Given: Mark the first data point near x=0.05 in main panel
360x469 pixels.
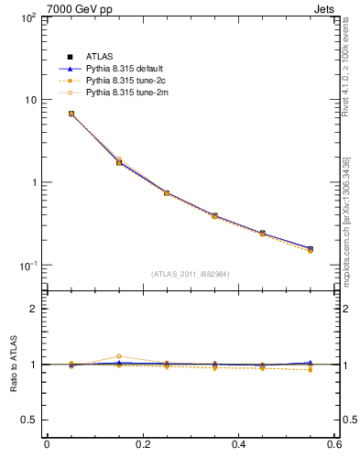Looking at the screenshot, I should click(71, 114).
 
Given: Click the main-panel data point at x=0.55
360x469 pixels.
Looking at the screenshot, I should click(311, 249).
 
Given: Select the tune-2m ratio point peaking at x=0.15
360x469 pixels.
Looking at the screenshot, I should click(118, 356).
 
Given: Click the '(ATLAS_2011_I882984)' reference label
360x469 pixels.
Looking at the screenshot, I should click(191, 274).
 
